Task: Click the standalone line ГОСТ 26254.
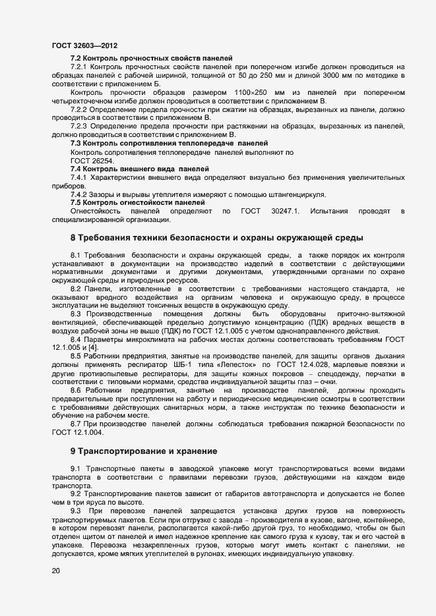pyautogui.click(x=92, y=160)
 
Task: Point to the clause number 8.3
pyautogui.click(x=76, y=314)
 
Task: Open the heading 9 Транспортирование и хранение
pyautogui.click(x=144, y=451)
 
